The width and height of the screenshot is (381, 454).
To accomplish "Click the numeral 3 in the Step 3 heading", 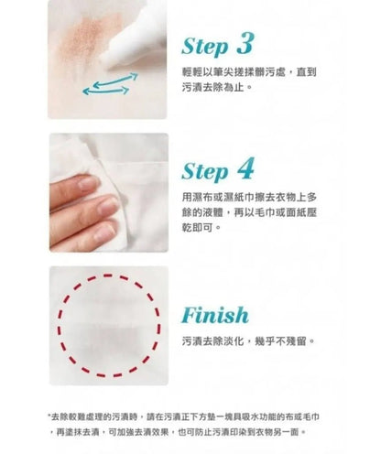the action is point(245,43).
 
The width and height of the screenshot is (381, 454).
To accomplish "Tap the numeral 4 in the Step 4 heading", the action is point(245,168).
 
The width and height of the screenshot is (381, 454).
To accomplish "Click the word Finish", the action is point(215,315).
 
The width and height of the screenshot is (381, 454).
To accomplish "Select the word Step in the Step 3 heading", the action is point(205,47).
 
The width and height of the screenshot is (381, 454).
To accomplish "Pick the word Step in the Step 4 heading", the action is point(205,172).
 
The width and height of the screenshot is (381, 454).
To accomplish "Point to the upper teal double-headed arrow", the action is point(115,80).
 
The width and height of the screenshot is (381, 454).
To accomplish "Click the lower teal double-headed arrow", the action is point(105,91).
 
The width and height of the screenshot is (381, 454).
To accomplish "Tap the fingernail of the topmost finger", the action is point(88,183).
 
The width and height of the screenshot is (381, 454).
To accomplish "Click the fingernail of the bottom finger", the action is point(104,233).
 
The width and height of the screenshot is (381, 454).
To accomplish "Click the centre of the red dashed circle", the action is point(109,326).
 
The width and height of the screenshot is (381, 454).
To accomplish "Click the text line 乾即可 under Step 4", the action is point(201,227).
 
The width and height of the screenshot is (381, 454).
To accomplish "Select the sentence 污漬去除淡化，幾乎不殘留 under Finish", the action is point(247,340).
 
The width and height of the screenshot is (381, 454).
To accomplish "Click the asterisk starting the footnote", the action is point(49,416).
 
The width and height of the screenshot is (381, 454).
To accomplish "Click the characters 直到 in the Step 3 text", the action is point(307,72).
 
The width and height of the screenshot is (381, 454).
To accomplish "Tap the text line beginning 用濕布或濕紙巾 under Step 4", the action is point(249,198).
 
